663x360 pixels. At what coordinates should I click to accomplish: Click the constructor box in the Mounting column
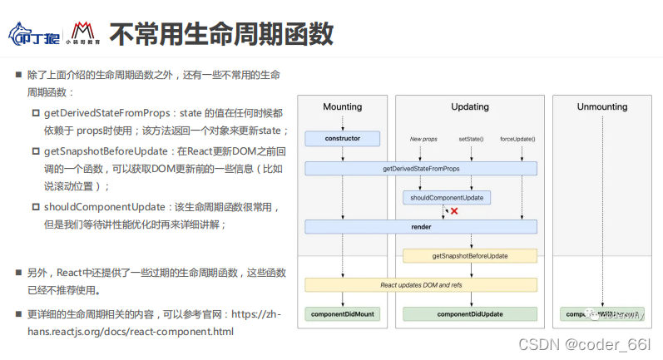(x=342, y=138)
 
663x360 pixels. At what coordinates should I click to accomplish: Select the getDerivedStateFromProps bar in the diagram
(x=420, y=169)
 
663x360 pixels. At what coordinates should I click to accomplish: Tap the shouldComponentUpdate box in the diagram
(x=447, y=198)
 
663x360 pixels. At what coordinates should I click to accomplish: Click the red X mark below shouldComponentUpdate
(x=454, y=212)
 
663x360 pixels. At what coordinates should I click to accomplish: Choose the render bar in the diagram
(x=420, y=226)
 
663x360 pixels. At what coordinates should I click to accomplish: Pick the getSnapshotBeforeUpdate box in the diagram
(x=470, y=256)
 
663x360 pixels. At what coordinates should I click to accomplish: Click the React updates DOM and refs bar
(x=420, y=285)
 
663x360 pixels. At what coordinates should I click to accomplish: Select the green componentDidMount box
(x=342, y=314)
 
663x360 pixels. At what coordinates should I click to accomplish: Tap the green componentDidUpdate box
(x=470, y=314)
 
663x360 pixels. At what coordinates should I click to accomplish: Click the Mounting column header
(x=342, y=107)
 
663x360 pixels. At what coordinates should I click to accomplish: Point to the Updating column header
(x=470, y=107)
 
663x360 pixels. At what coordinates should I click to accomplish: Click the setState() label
(x=471, y=139)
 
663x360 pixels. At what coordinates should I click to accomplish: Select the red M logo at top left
(x=82, y=31)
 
